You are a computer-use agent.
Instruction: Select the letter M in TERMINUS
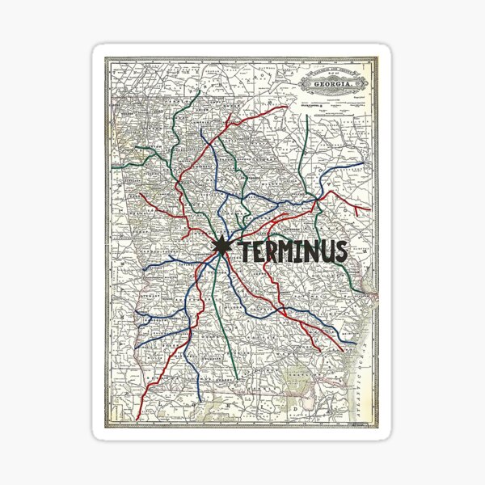click(x=288, y=251)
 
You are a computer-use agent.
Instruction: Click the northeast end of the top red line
click(x=288, y=106)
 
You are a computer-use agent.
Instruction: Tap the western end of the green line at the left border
click(x=113, y=166)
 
